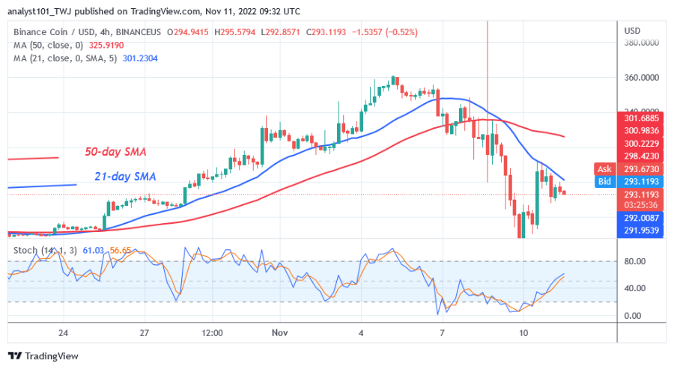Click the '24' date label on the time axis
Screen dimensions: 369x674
63,332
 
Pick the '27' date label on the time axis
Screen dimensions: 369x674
145,332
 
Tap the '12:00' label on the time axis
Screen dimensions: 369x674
212,332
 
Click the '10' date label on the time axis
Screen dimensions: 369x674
524,332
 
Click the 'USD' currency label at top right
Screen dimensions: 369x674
632,30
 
